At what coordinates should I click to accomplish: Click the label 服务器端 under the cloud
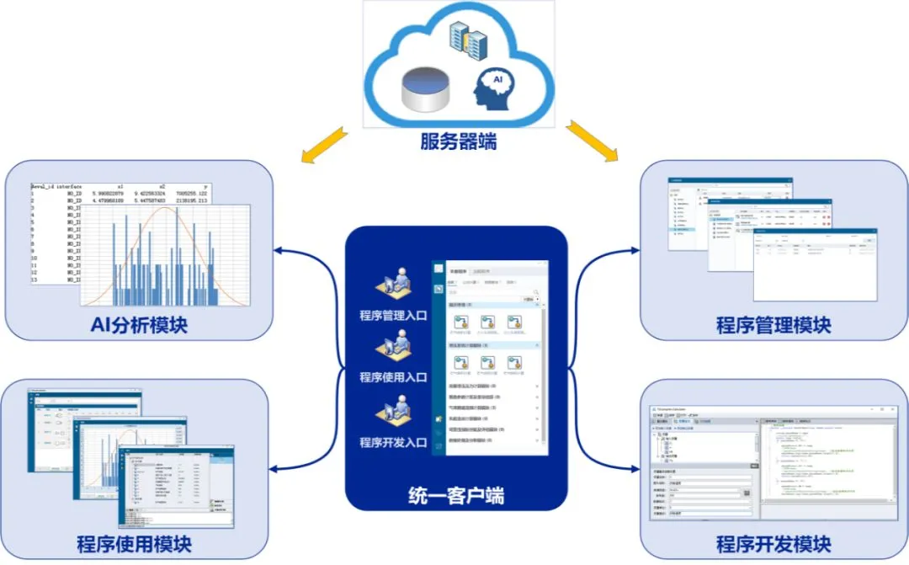coord(458,141)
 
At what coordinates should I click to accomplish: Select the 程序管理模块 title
coord(773,324)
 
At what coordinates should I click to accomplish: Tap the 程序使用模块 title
coord(134,543)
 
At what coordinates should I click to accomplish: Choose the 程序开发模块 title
coord(773,543)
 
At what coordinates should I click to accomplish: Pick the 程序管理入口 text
coord(394,316)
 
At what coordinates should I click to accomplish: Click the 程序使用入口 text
coord(394,376)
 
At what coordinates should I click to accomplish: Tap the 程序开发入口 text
coord(394,443)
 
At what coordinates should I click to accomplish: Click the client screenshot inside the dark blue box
coord(489,358)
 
